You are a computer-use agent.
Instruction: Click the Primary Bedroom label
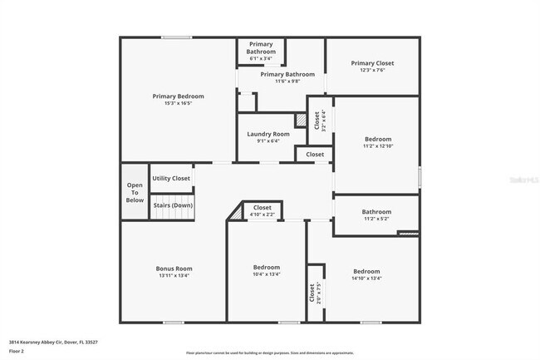coord(178,96)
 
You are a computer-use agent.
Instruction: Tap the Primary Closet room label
coord(372,63)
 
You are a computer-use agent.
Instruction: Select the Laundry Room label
coord(268,134)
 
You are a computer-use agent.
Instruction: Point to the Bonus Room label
coord(174,269)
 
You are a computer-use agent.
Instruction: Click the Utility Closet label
coord(171,178)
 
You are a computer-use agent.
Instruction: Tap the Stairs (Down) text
coord(172,205)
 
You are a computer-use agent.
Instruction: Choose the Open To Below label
coord(135,193)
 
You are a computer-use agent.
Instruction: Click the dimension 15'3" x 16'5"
coord(178,104)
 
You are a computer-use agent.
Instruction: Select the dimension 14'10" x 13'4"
coord(366,279)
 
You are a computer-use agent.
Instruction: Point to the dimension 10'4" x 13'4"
coord(267,274)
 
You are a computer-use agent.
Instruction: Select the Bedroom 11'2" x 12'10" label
coord(378,142)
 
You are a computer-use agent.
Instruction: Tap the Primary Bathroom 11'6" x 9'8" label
coord(287,77)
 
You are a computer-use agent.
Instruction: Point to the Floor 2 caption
coord(17,352)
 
